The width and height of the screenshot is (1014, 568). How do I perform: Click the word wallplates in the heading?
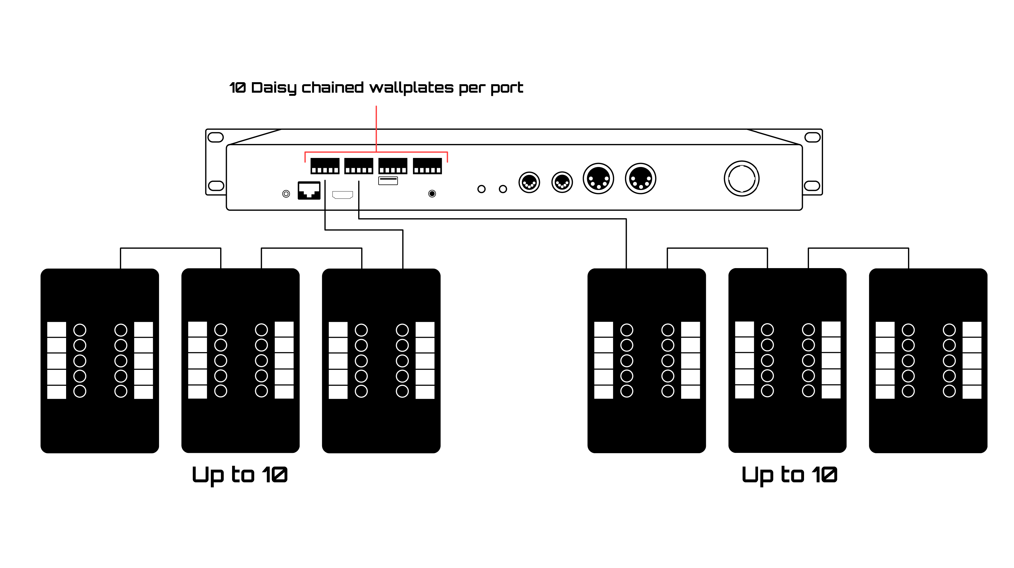(x=411, y=87)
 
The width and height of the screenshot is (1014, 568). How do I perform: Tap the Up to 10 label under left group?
(x=239, y=475)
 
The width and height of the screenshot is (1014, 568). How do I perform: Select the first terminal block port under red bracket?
(x=325, y=166)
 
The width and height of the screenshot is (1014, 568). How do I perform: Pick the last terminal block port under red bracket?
(x=427, y=166)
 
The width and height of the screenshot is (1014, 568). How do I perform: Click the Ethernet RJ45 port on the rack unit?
(x=309, y=191)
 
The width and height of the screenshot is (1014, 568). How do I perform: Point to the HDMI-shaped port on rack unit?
(x=342, y=195)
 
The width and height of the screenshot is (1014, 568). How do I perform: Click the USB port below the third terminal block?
(x=388, y=181)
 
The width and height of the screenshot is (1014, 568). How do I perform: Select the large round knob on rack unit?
(x=742, y=178)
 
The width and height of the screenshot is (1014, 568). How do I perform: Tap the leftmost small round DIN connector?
(x=529, y=182)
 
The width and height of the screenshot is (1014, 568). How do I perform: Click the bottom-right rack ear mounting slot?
(x=812, y=186)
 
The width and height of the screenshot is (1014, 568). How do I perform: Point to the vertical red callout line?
(x=376, y=128)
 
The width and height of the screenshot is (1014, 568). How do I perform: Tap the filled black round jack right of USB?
(x=432, y=194)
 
